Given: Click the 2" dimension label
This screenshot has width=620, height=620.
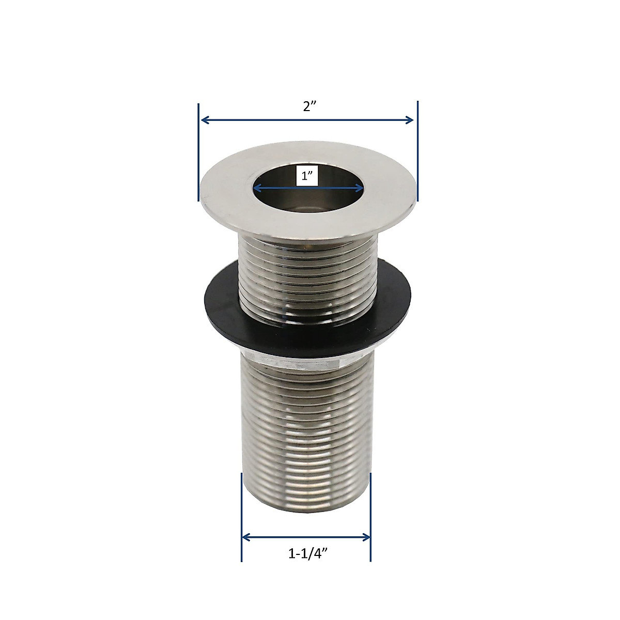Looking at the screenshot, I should pos(308,107).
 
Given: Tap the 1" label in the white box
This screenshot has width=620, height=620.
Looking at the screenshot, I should pos(307,176).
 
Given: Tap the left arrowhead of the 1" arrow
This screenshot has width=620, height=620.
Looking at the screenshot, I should pos(257,189).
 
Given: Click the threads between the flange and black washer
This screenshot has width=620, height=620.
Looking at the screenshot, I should pos(307,269).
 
